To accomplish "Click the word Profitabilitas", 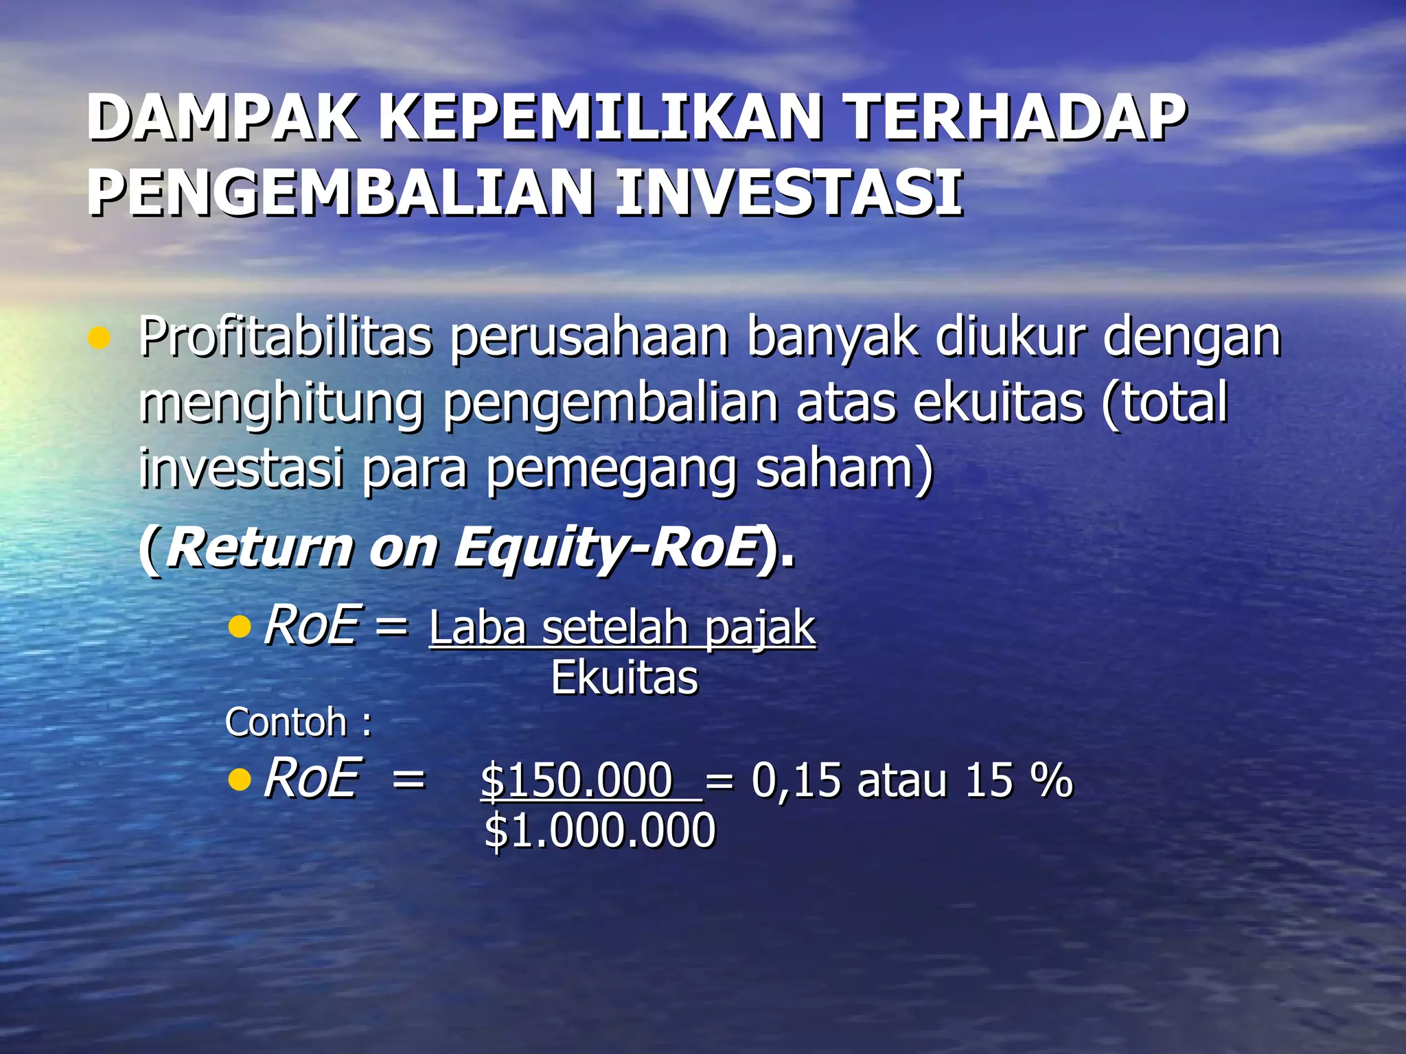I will click(286, 337).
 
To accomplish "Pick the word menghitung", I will click(281, 405).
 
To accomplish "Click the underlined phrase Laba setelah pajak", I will click(622, 628).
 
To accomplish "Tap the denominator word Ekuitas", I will click(624, 678).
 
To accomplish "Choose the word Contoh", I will click(286, 723).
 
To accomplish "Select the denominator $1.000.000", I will click(599, 830).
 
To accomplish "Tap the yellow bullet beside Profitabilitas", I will click(100, 338).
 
